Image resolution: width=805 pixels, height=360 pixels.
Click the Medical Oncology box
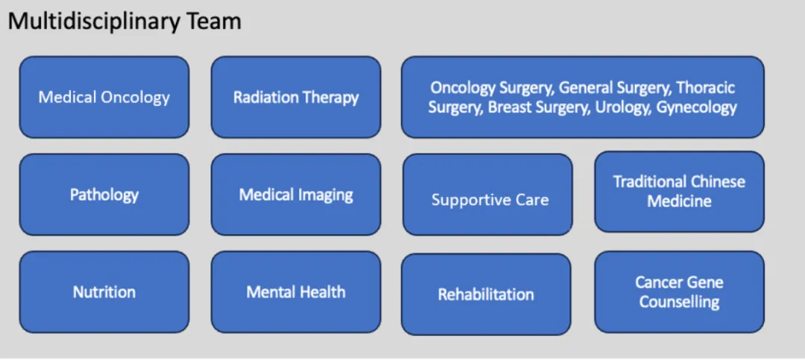pos(104,97)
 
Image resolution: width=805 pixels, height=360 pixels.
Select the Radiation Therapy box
pos(296,97)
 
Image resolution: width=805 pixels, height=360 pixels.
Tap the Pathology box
pos(104,195)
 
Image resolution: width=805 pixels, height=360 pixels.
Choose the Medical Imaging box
pos(296,195)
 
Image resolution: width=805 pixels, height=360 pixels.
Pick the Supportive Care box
pos(487,195)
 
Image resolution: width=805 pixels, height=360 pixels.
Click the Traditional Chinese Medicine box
pos(679,192)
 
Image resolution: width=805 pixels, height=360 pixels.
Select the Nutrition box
pos(104,291)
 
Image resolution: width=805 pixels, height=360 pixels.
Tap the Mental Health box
pos(296,291)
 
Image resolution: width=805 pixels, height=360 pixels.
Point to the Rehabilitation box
pos(486,294)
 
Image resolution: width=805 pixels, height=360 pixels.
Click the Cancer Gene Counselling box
pos(679,291)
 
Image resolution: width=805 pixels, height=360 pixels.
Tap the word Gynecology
pos(697,107)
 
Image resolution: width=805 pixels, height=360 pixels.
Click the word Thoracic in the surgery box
pos(706,88)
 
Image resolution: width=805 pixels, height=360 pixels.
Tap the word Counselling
pos(679,302)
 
